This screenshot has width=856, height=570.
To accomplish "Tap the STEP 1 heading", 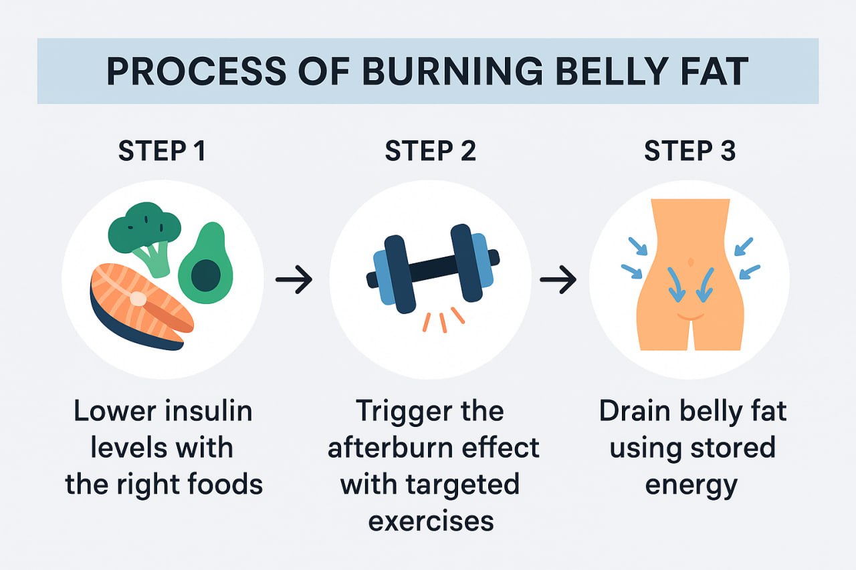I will (x=162, y=152).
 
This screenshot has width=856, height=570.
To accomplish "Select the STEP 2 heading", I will (x=430, y=152).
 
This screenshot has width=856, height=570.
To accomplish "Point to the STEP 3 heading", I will (x=689, y=152).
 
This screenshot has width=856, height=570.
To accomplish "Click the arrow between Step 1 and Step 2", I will (x=294, y=281).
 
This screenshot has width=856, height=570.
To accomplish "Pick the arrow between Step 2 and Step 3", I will (x=558, y=281).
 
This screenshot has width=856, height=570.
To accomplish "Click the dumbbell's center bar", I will (x=432, y=267).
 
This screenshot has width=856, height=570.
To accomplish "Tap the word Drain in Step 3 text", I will (x=634, y=411).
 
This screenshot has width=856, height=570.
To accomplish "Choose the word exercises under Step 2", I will (x=431, y=521).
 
